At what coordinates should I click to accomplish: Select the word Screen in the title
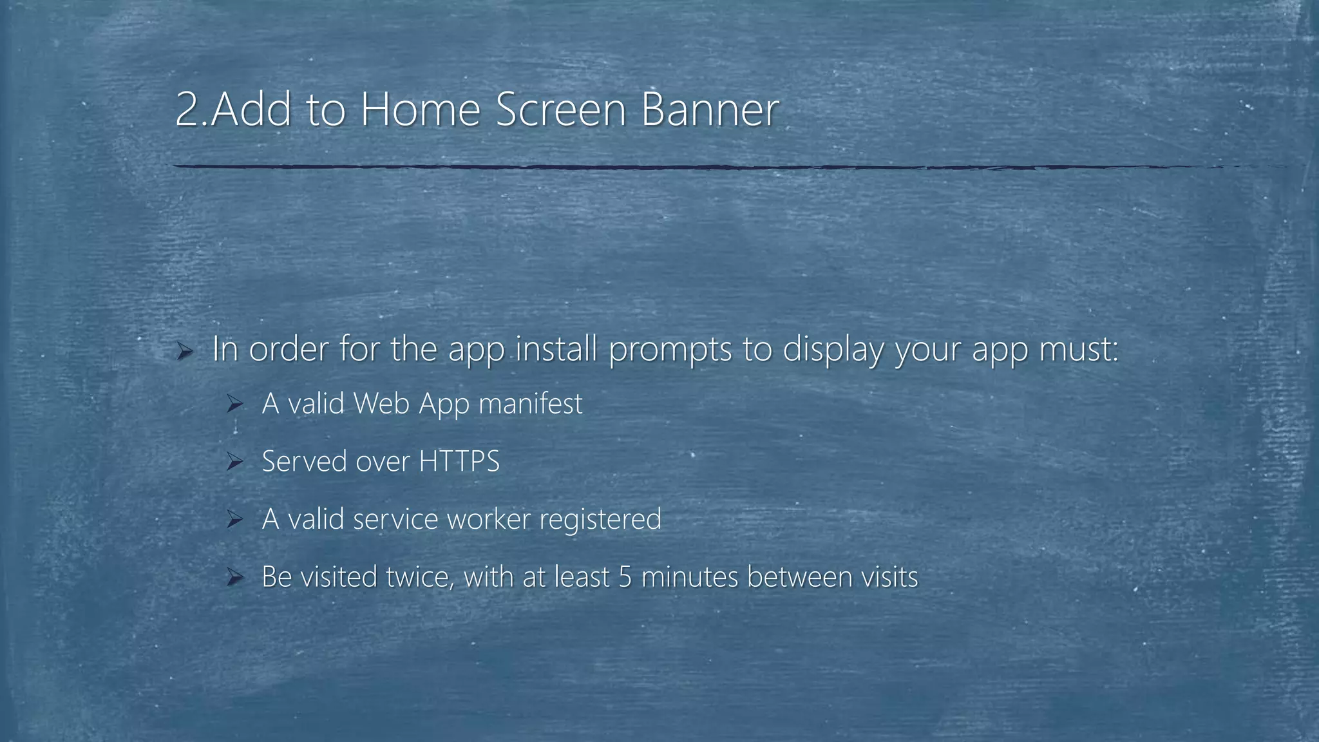pyautogui.click(x=561, y=109)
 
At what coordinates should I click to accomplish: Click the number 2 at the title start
pyautogui.click(x=187, y=109)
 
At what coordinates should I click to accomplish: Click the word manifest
pyautogui.click(x=530, y=404)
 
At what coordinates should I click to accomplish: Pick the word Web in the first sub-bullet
pyautogui.click(x=382, y=404)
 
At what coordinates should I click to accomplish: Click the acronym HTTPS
pyautogui.click(x=459, y=462)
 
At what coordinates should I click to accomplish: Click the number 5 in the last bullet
pyautogui.click(x=625, y=577)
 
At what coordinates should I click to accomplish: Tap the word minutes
pyautogui.click(x=690, y=577)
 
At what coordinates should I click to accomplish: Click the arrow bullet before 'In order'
pyautogui.click(x=185, y=350)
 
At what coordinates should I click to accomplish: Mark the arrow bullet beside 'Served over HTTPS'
pyautogui.click(x=234, y=462)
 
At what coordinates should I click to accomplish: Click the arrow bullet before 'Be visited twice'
pyautogui.click(x=234, y=577)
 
